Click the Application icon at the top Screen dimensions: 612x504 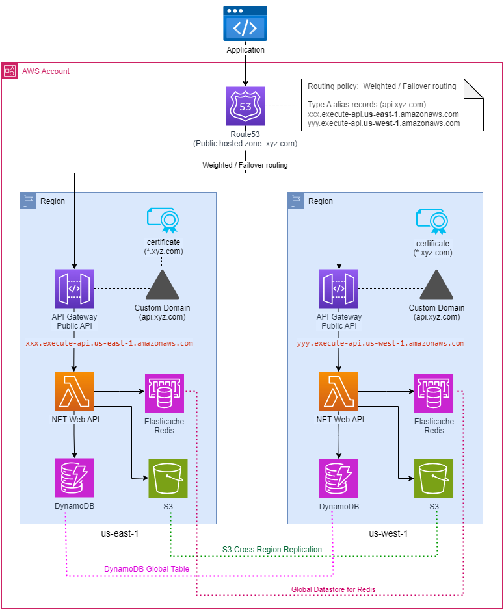245,25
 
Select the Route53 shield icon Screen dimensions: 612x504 245,105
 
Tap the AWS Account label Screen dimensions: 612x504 46,71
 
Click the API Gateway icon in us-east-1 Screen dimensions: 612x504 74,288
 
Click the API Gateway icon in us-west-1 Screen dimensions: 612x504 338,288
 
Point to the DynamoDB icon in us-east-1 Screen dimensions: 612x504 74,478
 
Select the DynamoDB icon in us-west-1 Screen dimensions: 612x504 338,478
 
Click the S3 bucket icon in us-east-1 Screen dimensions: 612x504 168,478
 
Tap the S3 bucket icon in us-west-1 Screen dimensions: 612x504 434,478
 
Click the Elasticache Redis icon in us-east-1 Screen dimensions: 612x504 165,393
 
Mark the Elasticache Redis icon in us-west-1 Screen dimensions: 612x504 434,393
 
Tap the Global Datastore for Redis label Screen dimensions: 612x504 333,589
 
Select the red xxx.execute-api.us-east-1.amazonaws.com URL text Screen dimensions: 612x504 109,343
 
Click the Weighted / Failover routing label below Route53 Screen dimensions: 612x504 245,165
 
